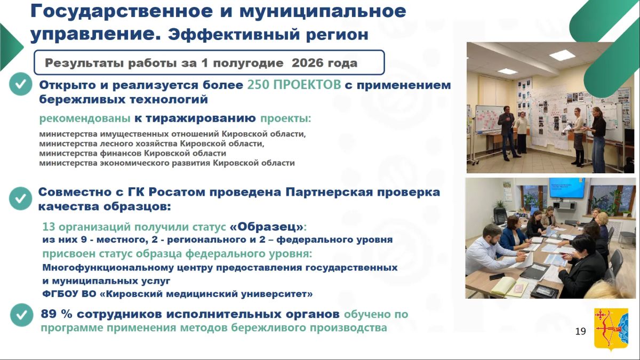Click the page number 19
click(580, 331)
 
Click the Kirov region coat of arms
click(611, 329)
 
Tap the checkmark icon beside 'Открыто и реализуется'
click(21, 84)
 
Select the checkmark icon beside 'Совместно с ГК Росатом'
click(21, 198)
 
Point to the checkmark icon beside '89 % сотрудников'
click(22, 315)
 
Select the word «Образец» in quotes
click(266, 227)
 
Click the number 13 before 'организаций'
click(49, 227)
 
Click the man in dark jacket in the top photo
click(508, 134)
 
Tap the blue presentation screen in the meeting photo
click(567, 188)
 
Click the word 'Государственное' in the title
click(122, 11)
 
